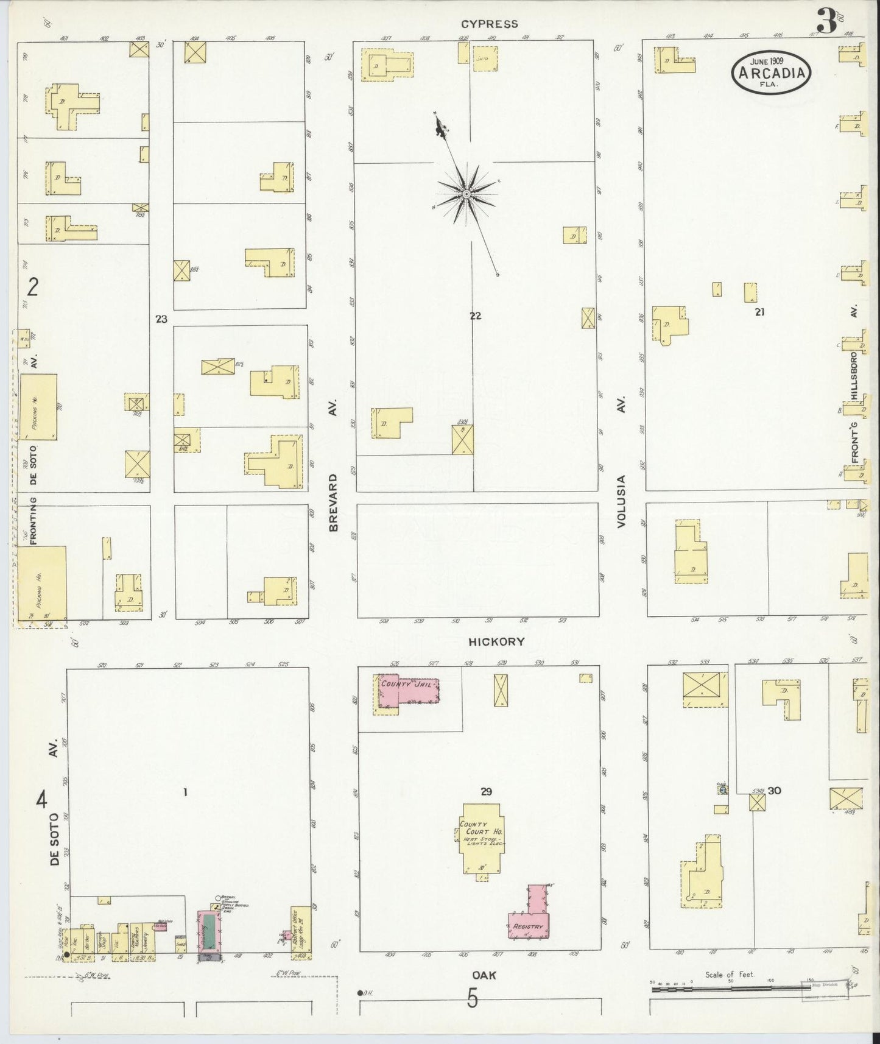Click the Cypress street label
[x=489, y=24]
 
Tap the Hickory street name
[x=496, y=641]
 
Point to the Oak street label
[x=484, y=975]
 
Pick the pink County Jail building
[x=407, y=690]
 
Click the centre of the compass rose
[x=466, y=194]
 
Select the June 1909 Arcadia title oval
[x=772, y=72]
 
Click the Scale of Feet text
[x=729, y=975]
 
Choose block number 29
[x=485, y=792]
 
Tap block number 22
[x=475, y=316]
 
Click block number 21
[x=759, y=312]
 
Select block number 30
[x=774, y=791]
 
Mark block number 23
[x=161, y=319]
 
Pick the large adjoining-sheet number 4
[x=41, y=799]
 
